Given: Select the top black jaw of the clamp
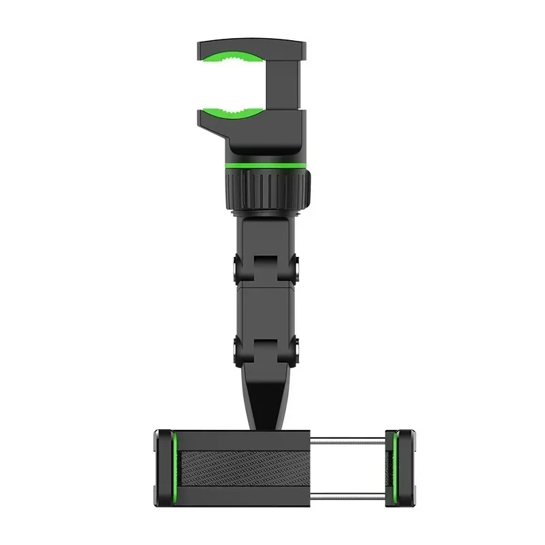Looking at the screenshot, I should [x=252, y=48].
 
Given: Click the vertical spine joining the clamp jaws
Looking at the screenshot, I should [x=285, y=89].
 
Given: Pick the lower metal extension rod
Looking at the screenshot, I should [x=347, y=492].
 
